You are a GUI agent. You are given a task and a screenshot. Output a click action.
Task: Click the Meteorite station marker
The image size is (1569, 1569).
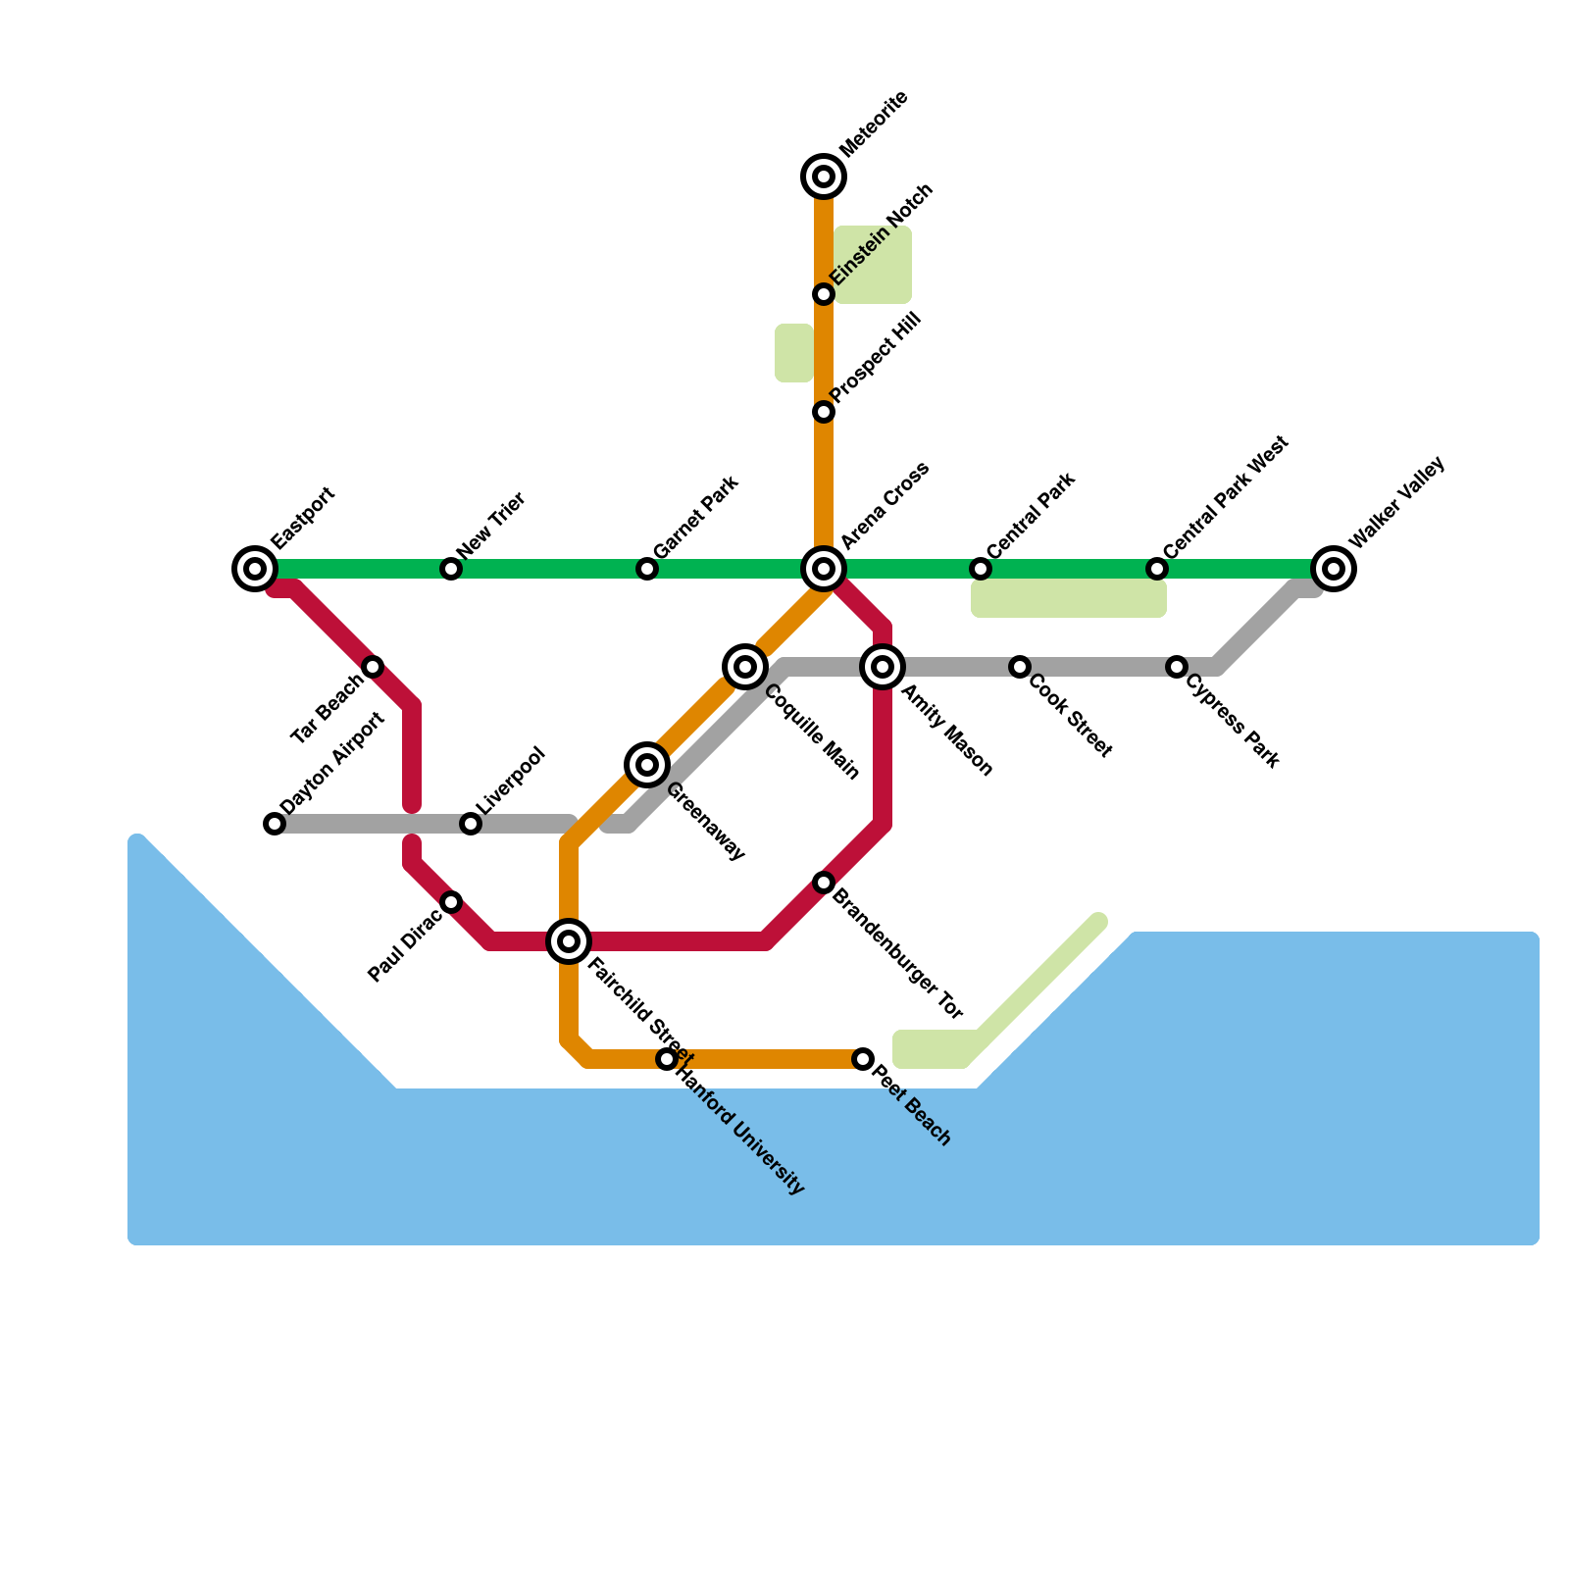point(824,177)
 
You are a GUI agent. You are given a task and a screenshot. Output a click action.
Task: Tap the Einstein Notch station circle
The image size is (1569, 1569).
point(824,294)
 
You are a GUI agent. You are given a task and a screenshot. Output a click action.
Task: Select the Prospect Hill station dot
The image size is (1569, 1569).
point(824,412)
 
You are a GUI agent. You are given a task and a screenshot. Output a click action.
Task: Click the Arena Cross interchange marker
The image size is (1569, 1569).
point(824,569)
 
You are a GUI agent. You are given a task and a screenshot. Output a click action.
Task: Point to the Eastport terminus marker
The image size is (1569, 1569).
point(255,569)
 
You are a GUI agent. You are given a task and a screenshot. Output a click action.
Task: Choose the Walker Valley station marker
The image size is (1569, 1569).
point(1334,569)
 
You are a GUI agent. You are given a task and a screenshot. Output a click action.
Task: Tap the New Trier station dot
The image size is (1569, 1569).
point(451,569)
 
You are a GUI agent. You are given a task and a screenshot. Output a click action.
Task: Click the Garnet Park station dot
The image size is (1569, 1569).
point(647,569)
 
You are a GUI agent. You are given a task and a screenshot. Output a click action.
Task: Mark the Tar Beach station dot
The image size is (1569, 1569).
point(373,667)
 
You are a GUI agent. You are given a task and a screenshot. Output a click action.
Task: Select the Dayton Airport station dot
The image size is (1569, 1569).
point(275,824)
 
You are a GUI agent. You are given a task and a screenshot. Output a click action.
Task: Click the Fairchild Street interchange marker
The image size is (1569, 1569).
point(569,941)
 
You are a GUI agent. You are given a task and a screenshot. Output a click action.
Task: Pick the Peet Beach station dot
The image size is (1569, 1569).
point(863,1059)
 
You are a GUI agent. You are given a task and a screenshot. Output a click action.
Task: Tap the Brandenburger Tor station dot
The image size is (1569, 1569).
point(824,883)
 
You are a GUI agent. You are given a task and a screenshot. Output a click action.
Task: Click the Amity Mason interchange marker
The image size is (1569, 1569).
point(883,667)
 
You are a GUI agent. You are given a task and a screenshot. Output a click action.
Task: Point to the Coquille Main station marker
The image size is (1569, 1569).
point(745,667)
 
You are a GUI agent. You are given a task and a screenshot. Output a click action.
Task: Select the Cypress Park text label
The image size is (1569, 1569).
point(1234,721)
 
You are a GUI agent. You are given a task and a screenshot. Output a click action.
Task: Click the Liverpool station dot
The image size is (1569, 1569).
point(471,824)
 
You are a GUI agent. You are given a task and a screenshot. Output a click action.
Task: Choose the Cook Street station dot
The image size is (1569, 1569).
point(1020,667)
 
